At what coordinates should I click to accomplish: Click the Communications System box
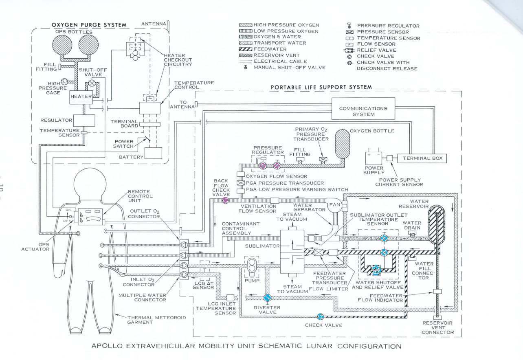click(363, 111)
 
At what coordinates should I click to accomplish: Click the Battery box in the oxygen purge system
click(153, 154)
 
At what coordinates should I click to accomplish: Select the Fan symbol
click(334, 205)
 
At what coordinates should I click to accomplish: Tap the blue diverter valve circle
click(268, 298)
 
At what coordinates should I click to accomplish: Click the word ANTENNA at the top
click(153, 24)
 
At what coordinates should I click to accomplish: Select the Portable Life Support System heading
click(321, 87)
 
